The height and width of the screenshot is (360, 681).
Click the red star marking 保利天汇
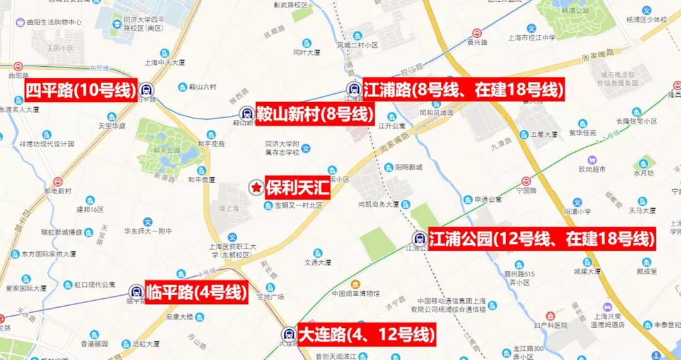click(x=256, y=187)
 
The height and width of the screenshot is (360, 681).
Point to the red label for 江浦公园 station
click(x=542, y=239)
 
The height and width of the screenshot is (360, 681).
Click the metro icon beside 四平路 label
click(x=146, y=90)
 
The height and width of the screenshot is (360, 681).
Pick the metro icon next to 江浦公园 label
click(x=419, y=238)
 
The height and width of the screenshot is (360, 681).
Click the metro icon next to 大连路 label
click(x=289, y=334)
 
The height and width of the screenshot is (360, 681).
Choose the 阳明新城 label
click(x=409, y=167)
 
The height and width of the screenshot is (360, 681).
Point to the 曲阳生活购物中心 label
click(x=55, y=22)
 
